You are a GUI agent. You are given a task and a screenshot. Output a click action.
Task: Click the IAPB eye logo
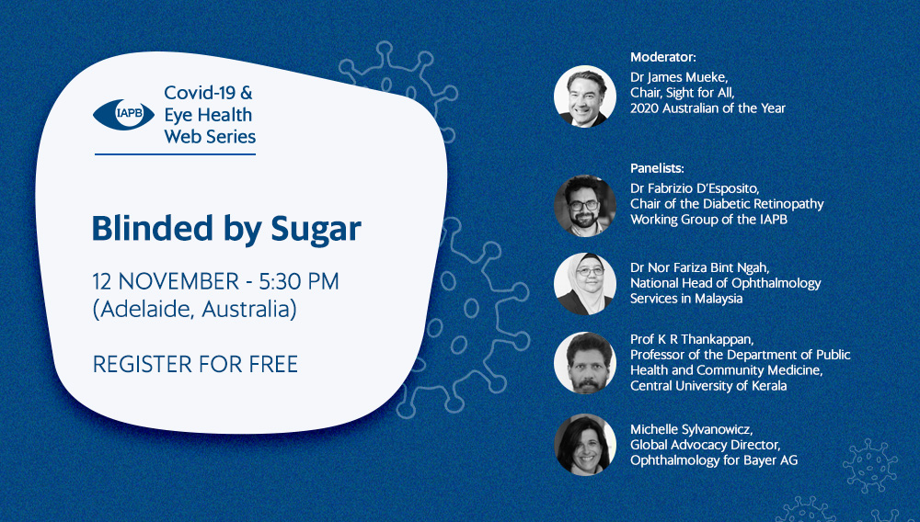click(123, 114)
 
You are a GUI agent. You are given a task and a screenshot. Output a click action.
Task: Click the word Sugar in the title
click(316, 229)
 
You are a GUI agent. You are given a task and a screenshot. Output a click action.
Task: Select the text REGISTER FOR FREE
click(195, 364)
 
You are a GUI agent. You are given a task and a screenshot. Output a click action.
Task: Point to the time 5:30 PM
click(299, 281)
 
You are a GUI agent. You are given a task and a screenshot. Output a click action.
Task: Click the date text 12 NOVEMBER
click(166, 281)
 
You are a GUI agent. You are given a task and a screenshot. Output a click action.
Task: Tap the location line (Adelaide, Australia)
click(194, 309)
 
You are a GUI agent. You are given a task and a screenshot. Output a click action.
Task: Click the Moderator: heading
click(663, 57)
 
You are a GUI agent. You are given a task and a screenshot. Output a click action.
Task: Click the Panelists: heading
click(657, 169)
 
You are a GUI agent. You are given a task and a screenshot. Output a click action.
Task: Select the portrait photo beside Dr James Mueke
click(585, 96)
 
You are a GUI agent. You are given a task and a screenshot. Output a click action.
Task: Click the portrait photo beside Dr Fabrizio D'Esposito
click(585, 206)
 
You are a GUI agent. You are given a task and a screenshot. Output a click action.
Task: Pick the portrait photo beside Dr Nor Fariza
click(585, 284)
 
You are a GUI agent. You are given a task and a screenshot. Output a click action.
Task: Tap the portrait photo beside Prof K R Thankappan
click(585, 363)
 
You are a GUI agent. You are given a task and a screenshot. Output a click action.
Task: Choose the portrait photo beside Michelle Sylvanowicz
click(585, 445)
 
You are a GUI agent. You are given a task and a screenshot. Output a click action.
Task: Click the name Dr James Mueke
click(670, 77)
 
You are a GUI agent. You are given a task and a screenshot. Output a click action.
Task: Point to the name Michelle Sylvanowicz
click(691, 430)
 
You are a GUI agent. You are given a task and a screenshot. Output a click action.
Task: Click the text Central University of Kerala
click(708, 386)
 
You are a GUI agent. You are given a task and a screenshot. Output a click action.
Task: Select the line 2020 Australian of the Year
click(707, 108)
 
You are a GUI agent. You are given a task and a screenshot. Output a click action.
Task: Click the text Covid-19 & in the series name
click(208, 93)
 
